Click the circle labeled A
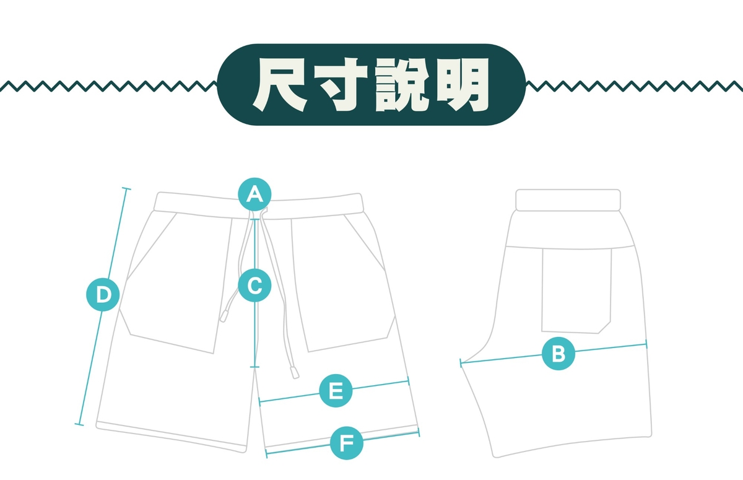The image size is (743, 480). coord(254,194)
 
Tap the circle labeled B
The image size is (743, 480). coord(558,354)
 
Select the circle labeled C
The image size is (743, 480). coord(254,286)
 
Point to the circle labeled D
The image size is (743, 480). coord(103,295)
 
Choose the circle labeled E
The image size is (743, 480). coord(336,391)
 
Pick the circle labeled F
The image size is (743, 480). coord(347,443)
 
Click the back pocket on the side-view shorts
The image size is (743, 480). coord(576,290)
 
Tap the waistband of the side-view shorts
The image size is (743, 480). coord(568,200)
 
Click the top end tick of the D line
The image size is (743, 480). coord(126,189)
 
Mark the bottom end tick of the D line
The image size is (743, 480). coord(79,424)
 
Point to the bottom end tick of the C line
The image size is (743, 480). coord(254,367)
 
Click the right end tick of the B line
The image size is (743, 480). coord(646,344)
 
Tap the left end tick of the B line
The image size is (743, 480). coord(461,363)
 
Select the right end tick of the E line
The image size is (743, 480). coord(408,381)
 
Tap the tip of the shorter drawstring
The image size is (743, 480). coord(224,316)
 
